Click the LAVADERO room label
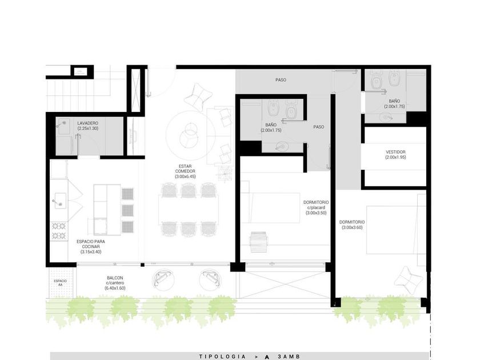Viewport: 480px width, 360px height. pyautogui.click(x=88, y=123)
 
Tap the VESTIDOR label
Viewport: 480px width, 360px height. pyautogui.click(x=395, y=152)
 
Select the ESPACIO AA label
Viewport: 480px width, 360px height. pyautogui.click(x=60, y=282)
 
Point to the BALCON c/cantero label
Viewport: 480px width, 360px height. pyautogui.click(x=115, y=281)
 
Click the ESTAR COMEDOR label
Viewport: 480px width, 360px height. pyautogui.click(x=185, y=169)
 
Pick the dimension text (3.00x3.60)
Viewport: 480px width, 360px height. pyautogui.click(x=352, y=227)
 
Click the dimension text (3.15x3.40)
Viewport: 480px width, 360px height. pyautogui.click(x=91, y=252)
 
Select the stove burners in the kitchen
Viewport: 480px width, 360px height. pyautogui.click(x=59, y=231)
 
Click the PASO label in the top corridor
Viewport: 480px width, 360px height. pyautogui.click(x=281, y=80)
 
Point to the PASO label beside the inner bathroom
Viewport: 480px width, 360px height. pyautogui.click(x=319, y=127)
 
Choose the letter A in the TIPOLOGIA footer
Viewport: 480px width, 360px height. pyautogui.click(x=267, y=357)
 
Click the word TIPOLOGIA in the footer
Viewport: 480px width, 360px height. pyautogui.click(x=222, y=357)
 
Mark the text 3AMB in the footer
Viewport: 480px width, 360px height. pyautogui.click(x=289, y=357)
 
